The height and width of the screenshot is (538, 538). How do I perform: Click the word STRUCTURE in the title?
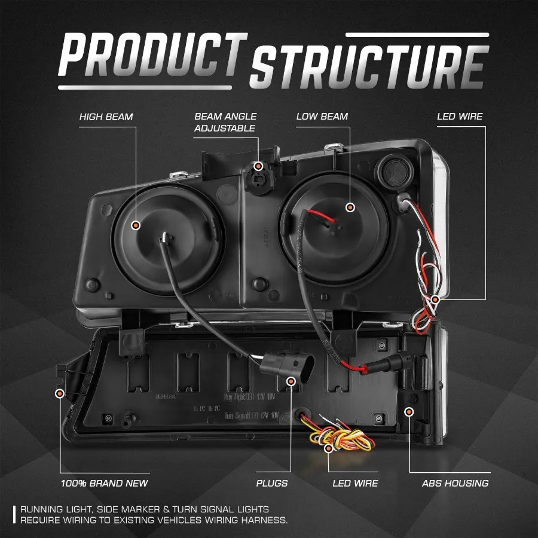367,68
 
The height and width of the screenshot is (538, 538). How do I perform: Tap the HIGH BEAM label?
106,116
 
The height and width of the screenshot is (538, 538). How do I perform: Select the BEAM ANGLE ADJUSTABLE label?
225,122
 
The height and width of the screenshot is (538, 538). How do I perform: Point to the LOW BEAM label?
322,116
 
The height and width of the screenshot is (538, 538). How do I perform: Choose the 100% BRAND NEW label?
104,483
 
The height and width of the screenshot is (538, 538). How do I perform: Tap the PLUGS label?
272,483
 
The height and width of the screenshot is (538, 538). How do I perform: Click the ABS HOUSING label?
455,483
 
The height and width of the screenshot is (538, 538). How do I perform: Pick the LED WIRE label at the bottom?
355,483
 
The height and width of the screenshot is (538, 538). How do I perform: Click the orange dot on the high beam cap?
136,225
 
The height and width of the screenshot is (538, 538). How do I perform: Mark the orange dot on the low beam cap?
350,207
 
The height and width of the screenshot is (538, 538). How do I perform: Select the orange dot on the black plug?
291,381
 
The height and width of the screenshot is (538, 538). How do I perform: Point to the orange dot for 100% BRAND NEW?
59,393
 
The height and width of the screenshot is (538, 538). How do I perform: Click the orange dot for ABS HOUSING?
409,411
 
